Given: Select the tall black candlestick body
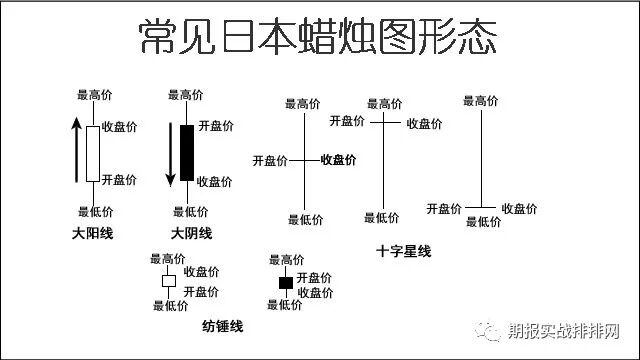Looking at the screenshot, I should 186,153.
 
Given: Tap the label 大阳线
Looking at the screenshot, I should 93,234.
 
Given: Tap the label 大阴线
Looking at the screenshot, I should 191,234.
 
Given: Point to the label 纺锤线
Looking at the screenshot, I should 222,326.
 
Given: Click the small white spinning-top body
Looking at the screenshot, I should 169,281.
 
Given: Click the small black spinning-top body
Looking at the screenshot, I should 285,283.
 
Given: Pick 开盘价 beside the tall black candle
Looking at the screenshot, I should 217,126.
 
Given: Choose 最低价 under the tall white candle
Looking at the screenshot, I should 95,212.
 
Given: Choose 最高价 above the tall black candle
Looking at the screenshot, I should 187,95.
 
